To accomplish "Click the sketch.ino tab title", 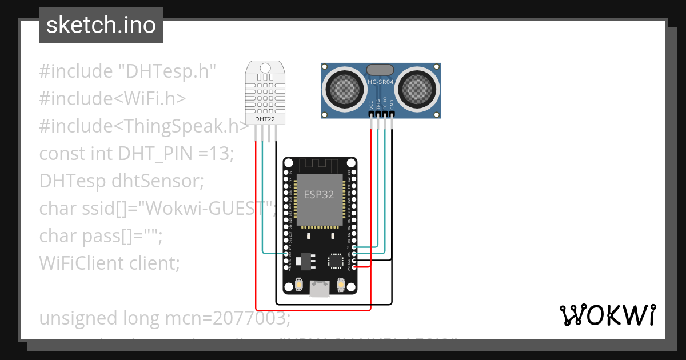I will click(101, 25).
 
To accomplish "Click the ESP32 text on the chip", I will click(319, 194).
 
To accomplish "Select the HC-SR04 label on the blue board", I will click(381, 82).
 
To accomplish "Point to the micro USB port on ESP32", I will click(319, 289).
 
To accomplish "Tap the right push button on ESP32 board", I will click(341, 285).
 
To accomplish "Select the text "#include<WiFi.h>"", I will click(113, 98).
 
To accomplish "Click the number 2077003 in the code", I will click(251, 318).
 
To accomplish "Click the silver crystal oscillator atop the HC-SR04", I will click(380, 69).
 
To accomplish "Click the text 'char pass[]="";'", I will click(101, 235).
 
